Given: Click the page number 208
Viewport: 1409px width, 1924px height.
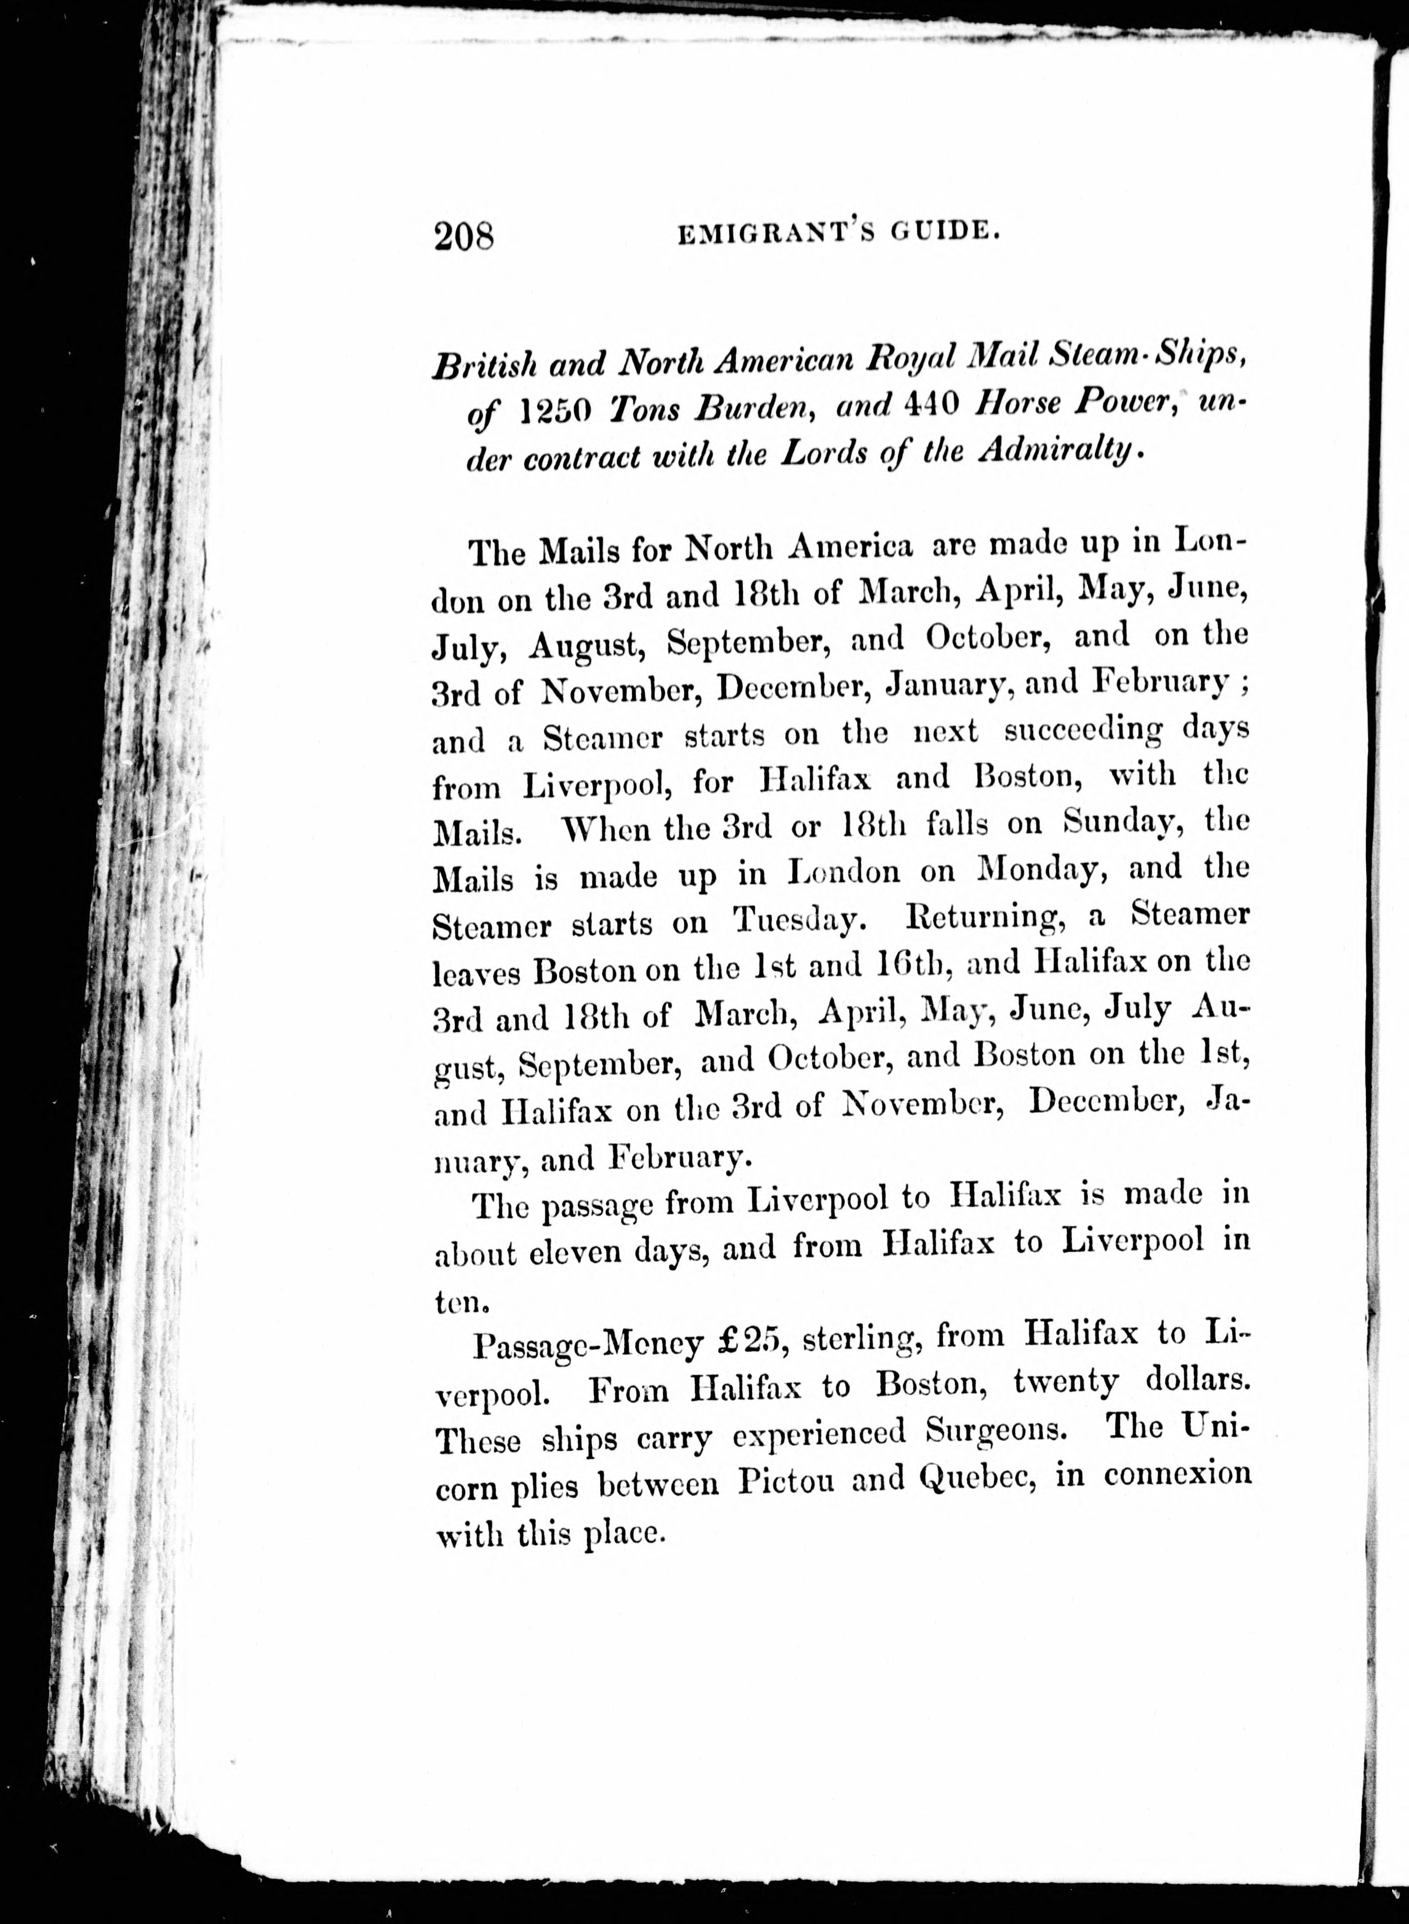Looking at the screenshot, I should click(465, 235).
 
